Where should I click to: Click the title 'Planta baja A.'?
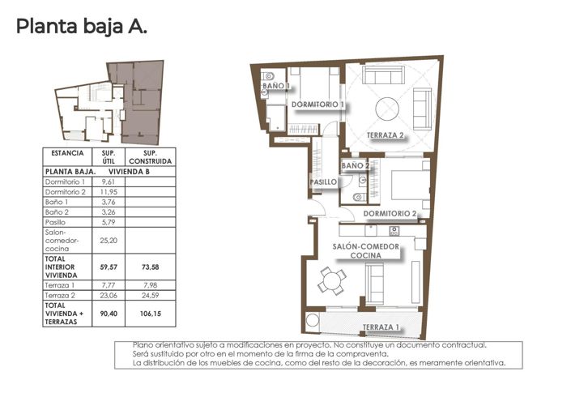coord(82,27)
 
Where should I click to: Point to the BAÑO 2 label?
coord(356,165)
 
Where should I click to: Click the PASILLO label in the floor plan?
coord(323,182)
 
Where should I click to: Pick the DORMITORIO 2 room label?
coord(390,213)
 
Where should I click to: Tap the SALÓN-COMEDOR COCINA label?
coord(368,250)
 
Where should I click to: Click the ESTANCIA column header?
coord(66,153)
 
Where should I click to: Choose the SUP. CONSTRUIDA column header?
coord(150,156)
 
